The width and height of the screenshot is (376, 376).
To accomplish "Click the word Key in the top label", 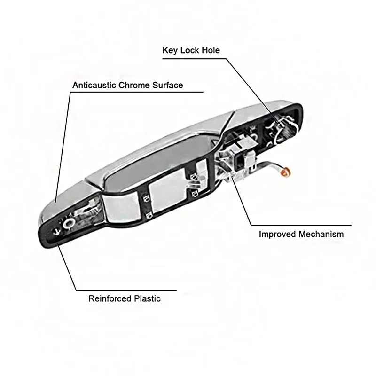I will [170, 50].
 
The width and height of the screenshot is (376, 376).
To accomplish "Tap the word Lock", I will [189, 50].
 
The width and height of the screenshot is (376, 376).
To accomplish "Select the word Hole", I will [210, 50].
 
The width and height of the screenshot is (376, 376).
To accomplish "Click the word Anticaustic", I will [94, 86].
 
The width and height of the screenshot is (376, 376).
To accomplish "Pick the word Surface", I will [168, 86].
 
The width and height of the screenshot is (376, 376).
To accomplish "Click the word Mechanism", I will [322, 234].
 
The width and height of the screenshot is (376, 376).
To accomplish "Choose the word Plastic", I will [146, 298].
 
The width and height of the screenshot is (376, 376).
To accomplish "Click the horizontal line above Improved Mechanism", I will [301, 224].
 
